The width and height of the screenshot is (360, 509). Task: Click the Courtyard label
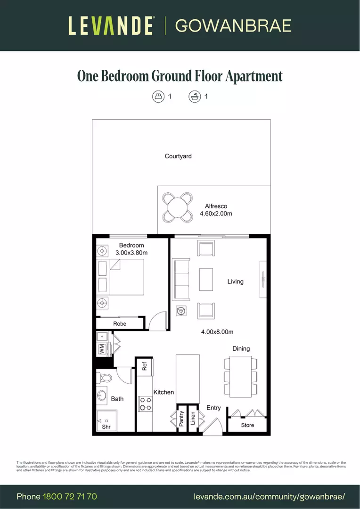(x=178, y=156)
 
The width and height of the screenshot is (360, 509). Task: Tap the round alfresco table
(x=178, y=207)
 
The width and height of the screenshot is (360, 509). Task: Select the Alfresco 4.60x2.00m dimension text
(x=216, y=213)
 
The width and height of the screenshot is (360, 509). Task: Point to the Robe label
(x=120, y=324)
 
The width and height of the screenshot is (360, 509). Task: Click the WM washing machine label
(x=101, y=349)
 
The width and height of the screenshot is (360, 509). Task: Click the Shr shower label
(x=106, y=427)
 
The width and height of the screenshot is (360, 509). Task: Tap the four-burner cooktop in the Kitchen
(x=146, y=403)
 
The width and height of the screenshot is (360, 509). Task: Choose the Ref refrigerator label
(x=145, y=367)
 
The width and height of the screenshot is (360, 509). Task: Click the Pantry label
(x=181, y=419)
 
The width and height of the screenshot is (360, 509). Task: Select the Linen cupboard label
(x=193, y=419)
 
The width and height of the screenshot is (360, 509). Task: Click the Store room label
(x=247, y=425)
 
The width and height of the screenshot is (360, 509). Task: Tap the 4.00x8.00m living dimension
(x=217, y=332)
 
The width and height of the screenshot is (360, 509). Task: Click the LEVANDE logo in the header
(x=111, y=25)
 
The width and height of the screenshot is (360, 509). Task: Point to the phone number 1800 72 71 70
(x=70, y=496)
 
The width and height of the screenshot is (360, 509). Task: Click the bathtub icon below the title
(x=194, y=97)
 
